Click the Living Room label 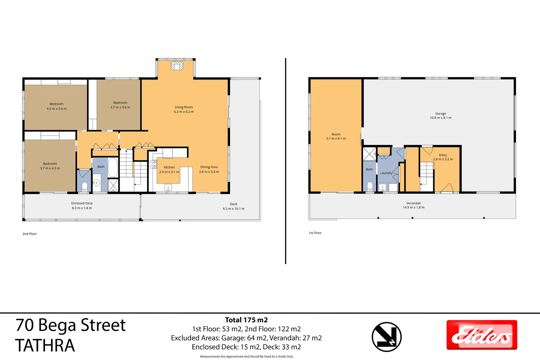tap(184, 109)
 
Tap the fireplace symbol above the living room tap(177, 66)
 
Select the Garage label tap(440, 116)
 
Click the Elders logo tap(482, 335)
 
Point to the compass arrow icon tap(387, 337)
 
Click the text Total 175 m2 tap(246, 320)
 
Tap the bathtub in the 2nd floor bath tap(113, 168)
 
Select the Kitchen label tap(169, 170)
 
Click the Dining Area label tap(209, 169)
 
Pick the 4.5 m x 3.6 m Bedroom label tap(57, 106)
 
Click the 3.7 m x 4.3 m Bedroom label tap(50, 166)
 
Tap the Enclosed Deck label tap(82, 205)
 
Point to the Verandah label tap(413, 205)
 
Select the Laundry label tap(386, 173)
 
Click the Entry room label tap(443, 157)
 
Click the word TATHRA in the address tap(45, 346)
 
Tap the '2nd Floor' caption tap(30, 234)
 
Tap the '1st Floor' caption tap(315, 233)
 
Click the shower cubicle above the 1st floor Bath tap(369, 154)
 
